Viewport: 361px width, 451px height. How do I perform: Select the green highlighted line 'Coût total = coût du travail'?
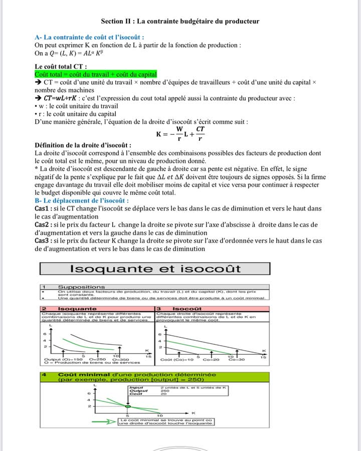(x=96, y=74)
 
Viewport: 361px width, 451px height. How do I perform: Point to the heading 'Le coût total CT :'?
(x=61, y=66)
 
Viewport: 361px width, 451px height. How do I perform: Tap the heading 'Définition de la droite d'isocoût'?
(x=83, y=145)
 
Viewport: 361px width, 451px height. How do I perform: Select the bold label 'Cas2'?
(x=43, y=224)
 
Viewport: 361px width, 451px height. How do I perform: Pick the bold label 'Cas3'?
(x=43, y=241)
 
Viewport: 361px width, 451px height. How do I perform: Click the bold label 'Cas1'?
(x=43, y=208)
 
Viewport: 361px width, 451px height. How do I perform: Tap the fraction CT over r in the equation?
(x=200, y=134)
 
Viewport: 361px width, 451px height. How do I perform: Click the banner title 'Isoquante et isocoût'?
(x=155, y=269)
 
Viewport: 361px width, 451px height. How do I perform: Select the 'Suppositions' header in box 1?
(x=81, y=287)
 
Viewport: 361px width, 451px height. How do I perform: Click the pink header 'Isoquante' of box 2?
(x=77, y=308)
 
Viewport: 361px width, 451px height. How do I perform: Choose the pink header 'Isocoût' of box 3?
(x=187, y=308)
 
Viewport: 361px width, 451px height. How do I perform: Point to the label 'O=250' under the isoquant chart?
(x=98, y=359)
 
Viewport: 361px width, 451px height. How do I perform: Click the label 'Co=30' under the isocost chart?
(x=237, y=359)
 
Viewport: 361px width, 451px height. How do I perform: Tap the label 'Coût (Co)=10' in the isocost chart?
(x=176, y=359)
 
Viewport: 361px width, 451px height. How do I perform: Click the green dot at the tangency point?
(x=127, y=406)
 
